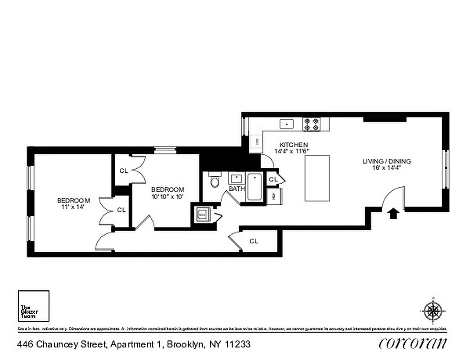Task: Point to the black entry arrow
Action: click(x=393, y=213)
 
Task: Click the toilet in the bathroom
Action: click(x=215, y=181)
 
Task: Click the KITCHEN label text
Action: click(x=294, y=144)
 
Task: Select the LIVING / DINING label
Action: click(x=387, y=161)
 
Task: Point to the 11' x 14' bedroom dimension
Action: click(x=73, y=207)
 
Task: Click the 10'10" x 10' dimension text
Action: click(x=167, y=196)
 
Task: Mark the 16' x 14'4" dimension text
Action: click(x=387, y=168)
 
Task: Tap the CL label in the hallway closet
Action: click(x=254, y=241)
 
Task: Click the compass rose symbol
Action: click(x=433, y=310)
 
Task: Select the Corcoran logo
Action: click(x=413, y=343)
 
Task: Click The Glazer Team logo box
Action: click(x=33, y=306)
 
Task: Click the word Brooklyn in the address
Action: click(x=185, y=345)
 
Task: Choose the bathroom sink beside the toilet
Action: click(x=236, y=178)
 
